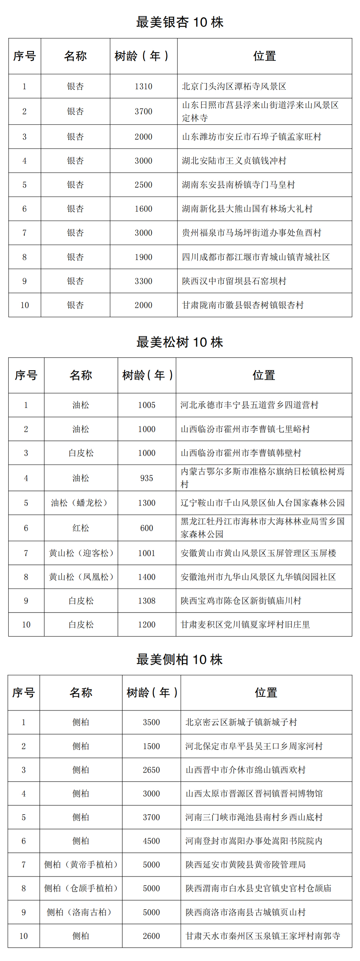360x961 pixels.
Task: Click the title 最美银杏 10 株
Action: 179,22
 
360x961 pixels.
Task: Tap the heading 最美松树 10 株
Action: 179,342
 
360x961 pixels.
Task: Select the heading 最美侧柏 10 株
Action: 179,659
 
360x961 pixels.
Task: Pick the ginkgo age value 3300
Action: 143,281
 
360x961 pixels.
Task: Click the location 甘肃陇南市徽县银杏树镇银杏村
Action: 242,305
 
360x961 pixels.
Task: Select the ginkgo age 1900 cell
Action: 143,257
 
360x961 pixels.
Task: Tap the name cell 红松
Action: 81,528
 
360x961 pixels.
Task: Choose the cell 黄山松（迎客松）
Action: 81,553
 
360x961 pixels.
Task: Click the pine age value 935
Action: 147,478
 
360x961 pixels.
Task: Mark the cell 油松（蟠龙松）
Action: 81,503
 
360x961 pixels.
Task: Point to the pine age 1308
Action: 147,601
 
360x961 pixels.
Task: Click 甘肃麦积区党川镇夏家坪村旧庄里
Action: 245,625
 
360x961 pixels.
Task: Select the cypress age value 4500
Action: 151,841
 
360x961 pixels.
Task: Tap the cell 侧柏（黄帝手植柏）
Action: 81,864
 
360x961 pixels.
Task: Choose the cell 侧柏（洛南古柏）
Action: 81,912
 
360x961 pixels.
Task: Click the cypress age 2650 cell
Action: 151,770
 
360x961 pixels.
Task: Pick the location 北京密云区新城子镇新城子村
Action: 241,722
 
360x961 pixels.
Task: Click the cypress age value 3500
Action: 151,722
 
